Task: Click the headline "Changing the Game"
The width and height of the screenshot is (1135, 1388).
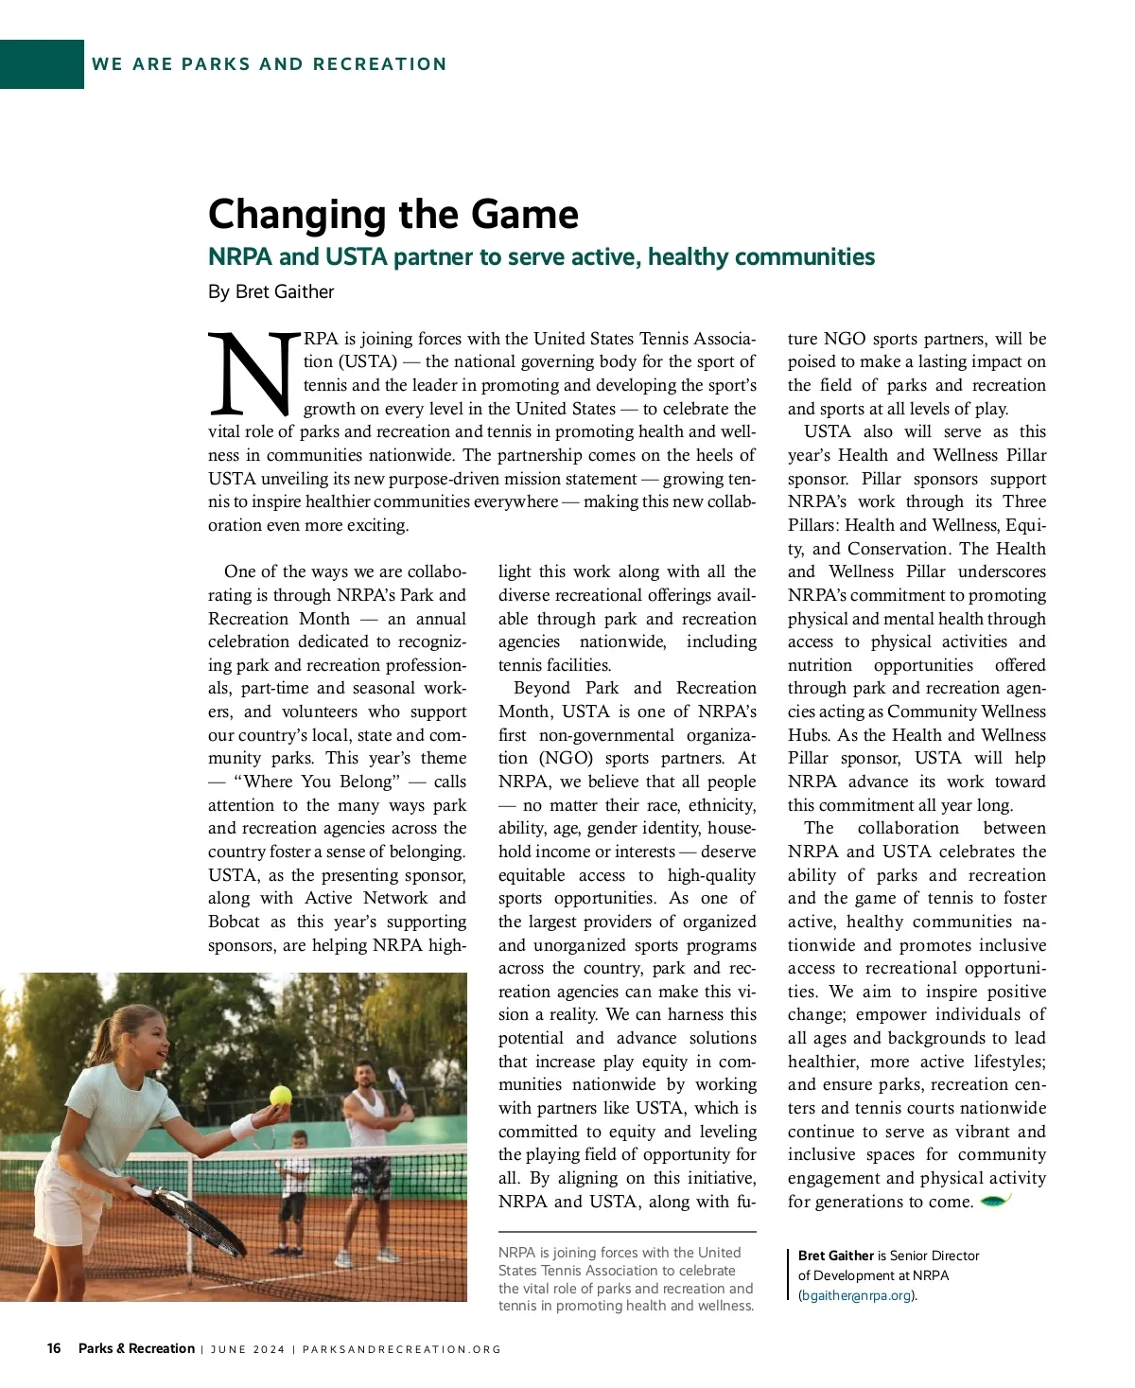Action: click(x=393, y=214)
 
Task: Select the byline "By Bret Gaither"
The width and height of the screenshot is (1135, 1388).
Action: click(x=271, y=291)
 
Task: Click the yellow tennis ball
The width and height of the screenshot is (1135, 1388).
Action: click(x=281, y=1096)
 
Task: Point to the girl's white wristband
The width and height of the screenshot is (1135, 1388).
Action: click(x=243, y=1126)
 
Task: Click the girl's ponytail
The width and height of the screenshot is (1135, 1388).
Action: click(x=105, y=1040)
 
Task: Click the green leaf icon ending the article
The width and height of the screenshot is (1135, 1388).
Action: click(x=996, y=1201)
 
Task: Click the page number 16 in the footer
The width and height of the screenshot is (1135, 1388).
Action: click(x=54, y=1348)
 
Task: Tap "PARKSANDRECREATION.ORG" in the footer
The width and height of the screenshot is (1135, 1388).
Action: click(x=401, y=1349)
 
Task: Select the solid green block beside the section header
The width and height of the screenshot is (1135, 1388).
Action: click(x=42, y=64)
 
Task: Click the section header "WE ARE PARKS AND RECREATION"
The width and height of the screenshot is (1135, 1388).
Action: click(x=269, y=64)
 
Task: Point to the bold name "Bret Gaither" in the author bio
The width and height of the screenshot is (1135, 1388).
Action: click(x=835, y=1256)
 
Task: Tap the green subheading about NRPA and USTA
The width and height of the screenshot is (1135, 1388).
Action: click(x=541, y=257)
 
